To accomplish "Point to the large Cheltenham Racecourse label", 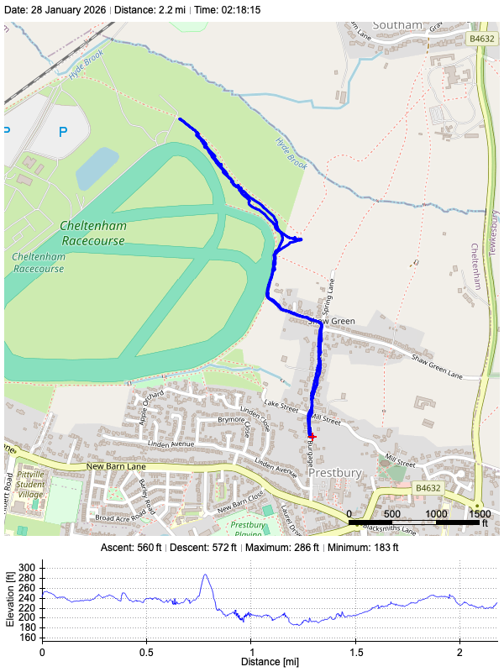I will (x=92, y=234).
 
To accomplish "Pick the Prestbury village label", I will (x=334, y=473).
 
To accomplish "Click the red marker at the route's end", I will (x=312, y=437).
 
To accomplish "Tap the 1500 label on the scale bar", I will (x=479, y=513).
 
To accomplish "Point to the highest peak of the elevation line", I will (x=205, y=575).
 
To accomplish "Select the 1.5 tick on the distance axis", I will (x=355, y=652).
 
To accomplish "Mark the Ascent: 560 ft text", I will (x=139, y=548).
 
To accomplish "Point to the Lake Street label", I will (x=281, y=406).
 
